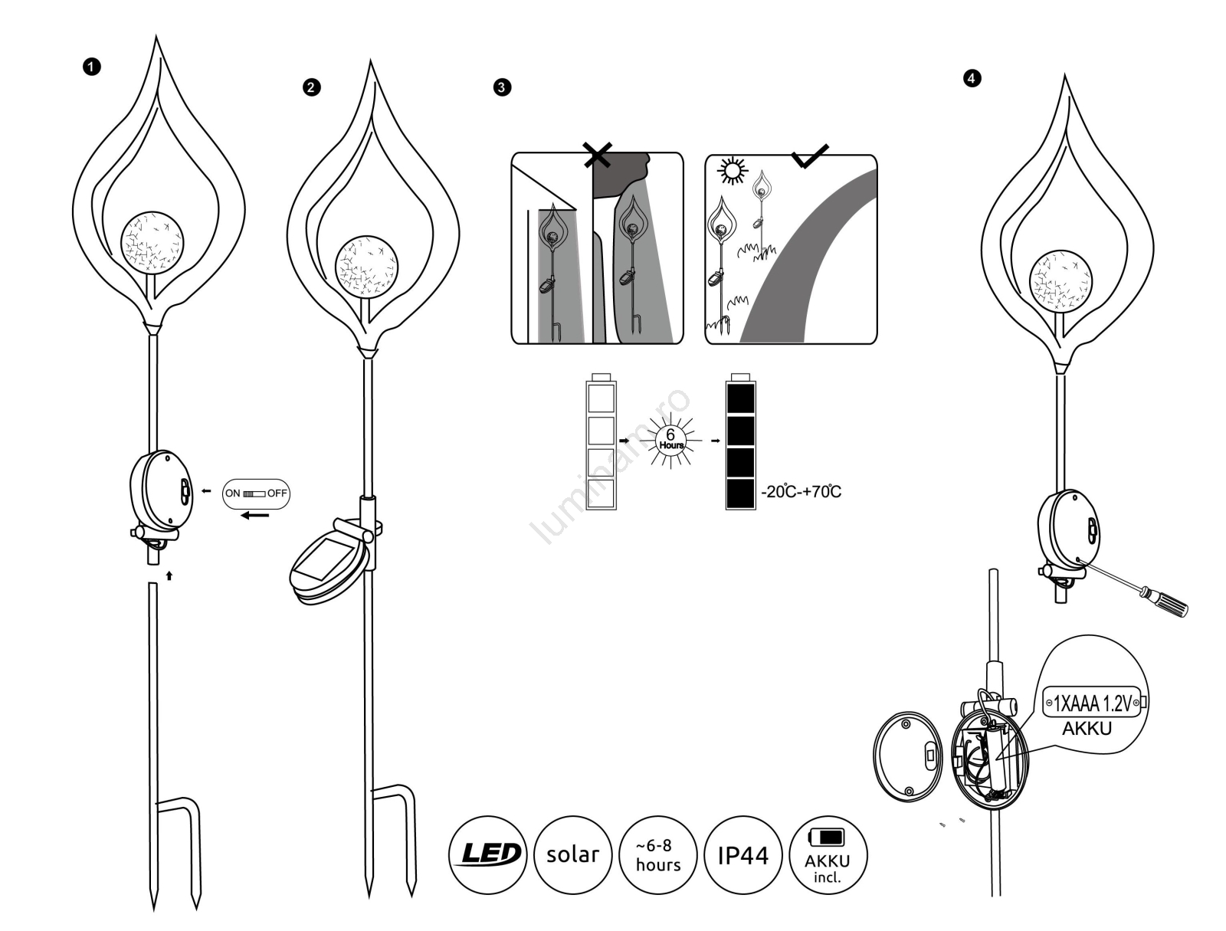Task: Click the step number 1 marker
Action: (x=91, y=67)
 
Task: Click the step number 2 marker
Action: (x=310, y=87)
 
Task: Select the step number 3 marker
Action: (x=501, y=87)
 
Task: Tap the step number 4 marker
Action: (x=972, y=78)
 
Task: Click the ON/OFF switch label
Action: (x=256, y=493)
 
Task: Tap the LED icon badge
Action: (x=487, y=854)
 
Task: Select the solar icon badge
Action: (x=572, y=854)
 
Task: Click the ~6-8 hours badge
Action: (x=657, y=854)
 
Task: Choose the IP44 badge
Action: (x=742, y=854)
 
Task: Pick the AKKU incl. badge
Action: (x=828, y=854)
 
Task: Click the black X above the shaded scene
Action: (x=597, y=156)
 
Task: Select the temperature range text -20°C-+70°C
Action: (x=801, y=492)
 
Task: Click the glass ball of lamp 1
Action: (x=152, y=244)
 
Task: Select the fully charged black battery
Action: (x=740, y=442)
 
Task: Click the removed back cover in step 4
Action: (x=908, y=756)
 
